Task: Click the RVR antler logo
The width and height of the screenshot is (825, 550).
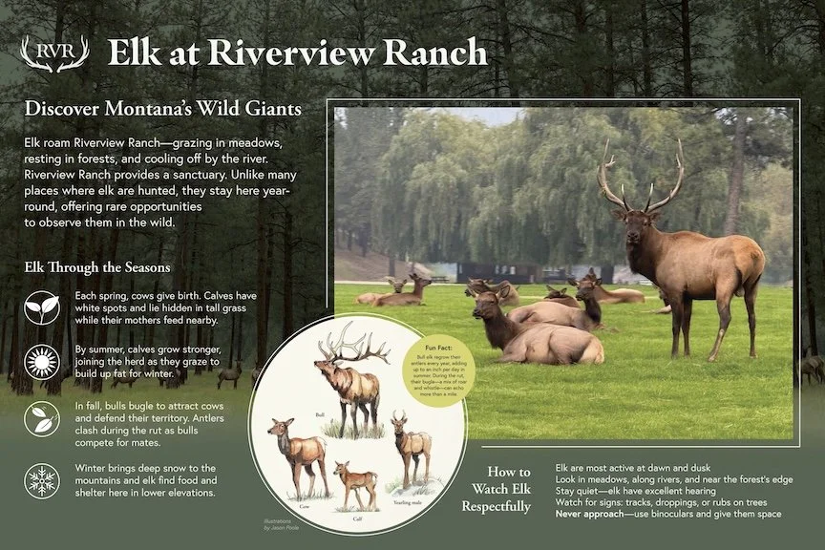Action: click(x=54, y=53)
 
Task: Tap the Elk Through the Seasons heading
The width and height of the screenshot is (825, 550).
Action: click(x=97, y=267)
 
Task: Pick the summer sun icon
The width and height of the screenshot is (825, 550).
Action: click(x=42, y=364)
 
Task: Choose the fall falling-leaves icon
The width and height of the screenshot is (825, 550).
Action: click(x=42, y=420)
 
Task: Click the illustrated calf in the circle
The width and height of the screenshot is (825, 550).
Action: click(x=356, y=482)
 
